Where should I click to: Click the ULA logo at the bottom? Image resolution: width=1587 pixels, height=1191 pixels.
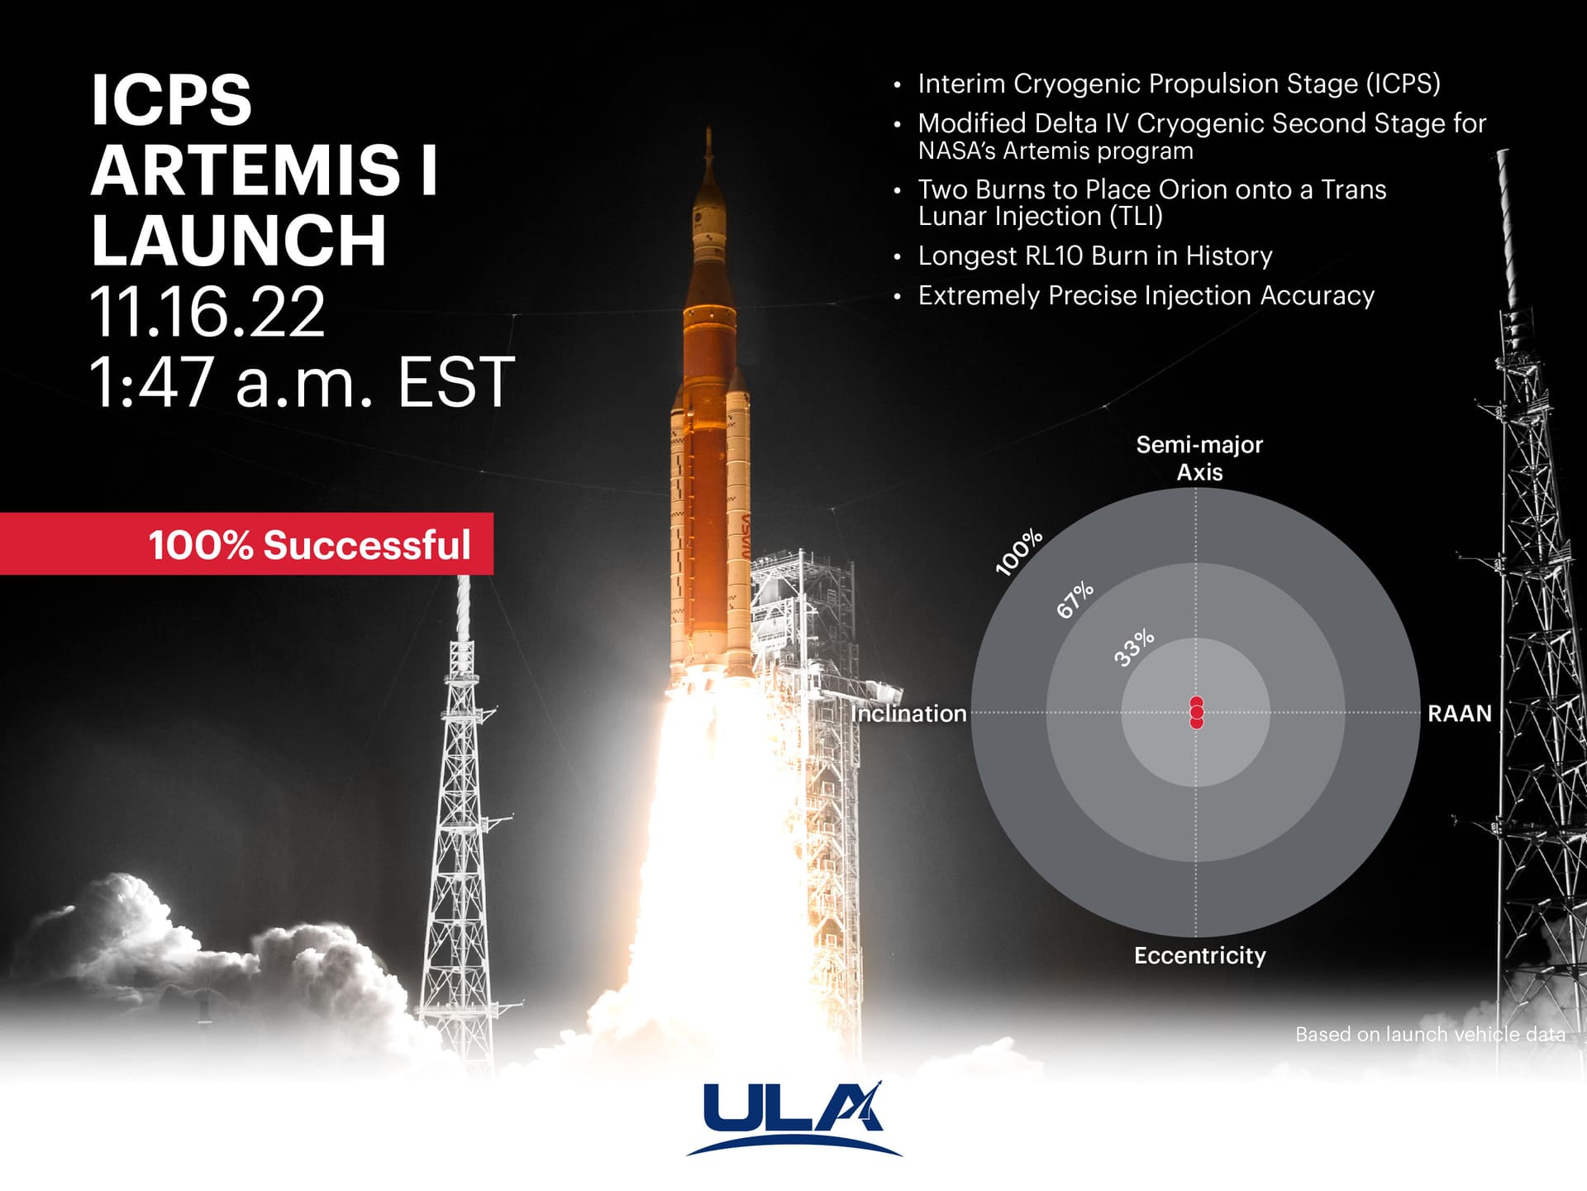click(x=793, y=1117)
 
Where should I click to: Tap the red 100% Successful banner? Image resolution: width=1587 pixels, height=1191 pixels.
click(x=246, y=543)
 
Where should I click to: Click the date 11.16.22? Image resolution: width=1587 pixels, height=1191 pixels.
click(x=207, y=312)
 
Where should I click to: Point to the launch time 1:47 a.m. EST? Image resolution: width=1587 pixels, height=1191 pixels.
click(x=302, y=382)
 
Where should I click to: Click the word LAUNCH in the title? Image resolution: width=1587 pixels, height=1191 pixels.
click(x=239, y=240)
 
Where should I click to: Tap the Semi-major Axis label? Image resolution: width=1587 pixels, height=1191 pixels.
click(x=1199, y=458)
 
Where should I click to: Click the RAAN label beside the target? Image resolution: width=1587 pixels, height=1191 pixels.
click(x=1460, y=714)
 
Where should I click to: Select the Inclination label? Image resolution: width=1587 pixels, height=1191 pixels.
click(x=908, y=714)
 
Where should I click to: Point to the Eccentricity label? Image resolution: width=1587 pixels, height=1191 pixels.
click(x=1200, y=955)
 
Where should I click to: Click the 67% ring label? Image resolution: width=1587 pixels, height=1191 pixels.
click(x=1075, y=600)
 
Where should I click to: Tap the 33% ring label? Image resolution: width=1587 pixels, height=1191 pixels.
click(x=1134, y=648)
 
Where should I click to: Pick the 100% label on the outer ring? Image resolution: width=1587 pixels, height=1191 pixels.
click(x=1018, y=552)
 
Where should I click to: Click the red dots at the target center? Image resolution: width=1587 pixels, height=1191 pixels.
click(x=1196, y=712)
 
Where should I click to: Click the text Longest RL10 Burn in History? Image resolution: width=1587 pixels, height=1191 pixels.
click(x=1095, y=256)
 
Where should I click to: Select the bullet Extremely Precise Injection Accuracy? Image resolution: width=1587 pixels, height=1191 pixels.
click(x=1146, y=295)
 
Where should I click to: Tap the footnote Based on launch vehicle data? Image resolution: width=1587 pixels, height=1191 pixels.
click(x=1430, y=1034)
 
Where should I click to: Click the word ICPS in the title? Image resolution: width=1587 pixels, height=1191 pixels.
click(x=171, y=99)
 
